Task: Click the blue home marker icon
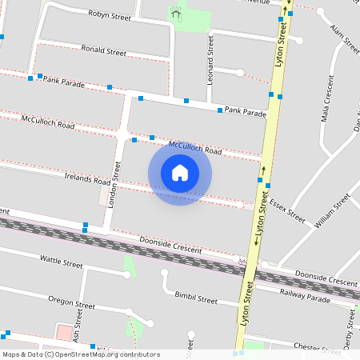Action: pyautogui.click(x=180, y=172)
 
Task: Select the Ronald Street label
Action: pyautogui.click(x=104, y=50)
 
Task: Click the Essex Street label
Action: pyautogui.click(x=287, y=210)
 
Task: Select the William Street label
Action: pyautogui.click(x=332, y=212)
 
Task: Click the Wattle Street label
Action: pyautogui.click(x=62, y=262)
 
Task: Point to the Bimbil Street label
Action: pyautogui.click(x=196, y=299)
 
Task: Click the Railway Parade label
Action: pyautogui.click(x=305, y=295)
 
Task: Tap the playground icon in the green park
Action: pyautogui.click(x=175, y=14)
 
